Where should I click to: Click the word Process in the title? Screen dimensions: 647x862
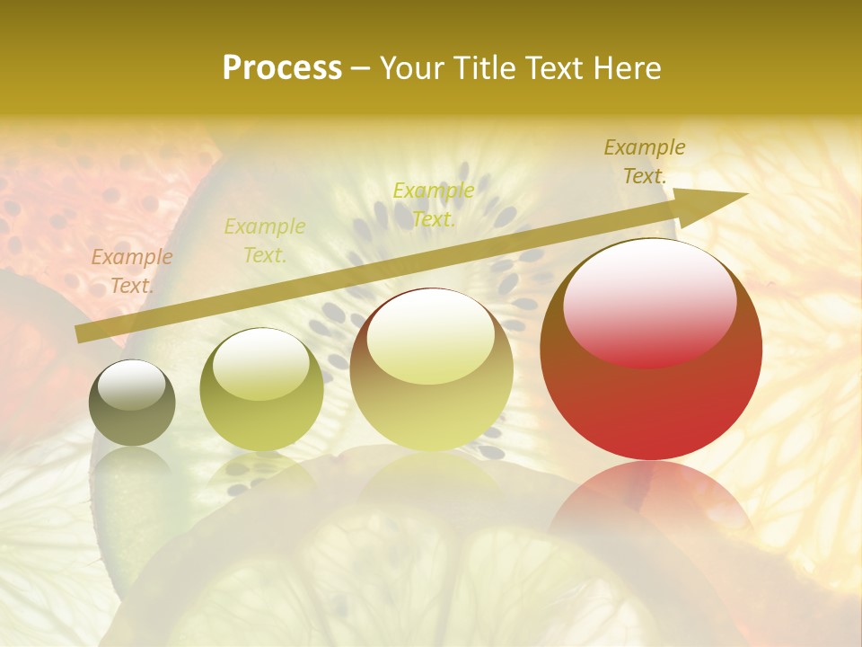click(x=282, y=68)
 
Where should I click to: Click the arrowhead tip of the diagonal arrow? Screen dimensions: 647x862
click(x=745, y=194)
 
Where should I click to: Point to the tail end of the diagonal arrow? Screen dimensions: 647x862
click(x=79, y=334)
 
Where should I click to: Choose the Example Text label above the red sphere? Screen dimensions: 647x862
click(x=644, y=162)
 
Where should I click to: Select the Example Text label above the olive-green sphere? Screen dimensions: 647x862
click(x=265, y=241)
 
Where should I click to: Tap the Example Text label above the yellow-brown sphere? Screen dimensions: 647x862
click(x=434, y=205)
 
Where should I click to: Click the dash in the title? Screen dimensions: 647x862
click(x=361, y=68)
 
